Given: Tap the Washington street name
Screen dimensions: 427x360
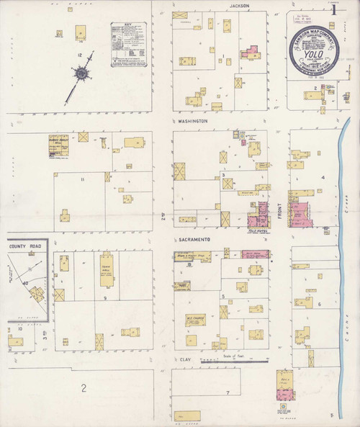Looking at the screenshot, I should coord(193,122).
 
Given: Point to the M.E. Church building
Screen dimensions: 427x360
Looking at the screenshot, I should coord(196,320).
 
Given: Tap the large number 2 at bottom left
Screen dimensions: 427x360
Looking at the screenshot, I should coord(84,389).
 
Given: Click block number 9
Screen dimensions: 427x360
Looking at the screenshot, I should coord(105,297).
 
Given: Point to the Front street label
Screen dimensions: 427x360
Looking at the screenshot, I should coord(279,210).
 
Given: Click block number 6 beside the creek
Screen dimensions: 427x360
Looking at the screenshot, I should coord(318,305).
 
